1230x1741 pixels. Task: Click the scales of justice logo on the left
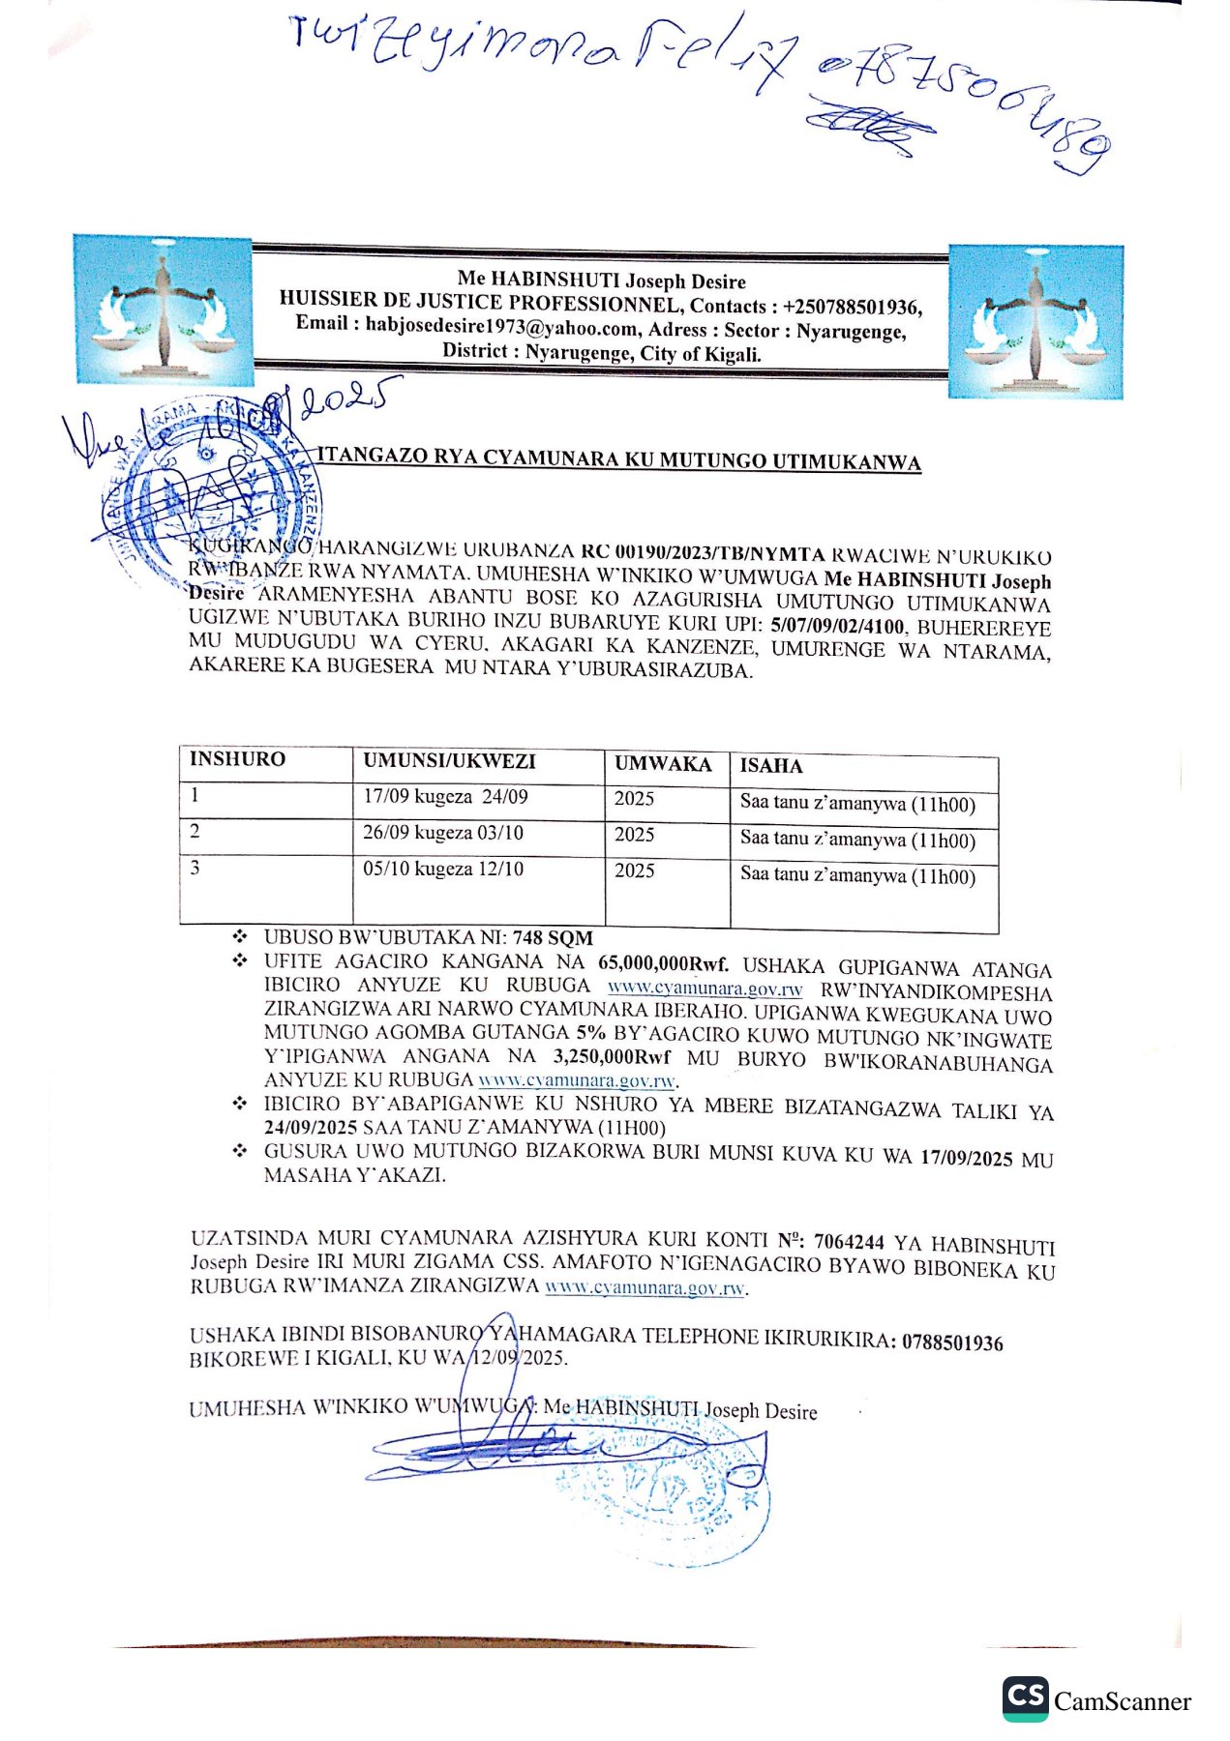coord(163,309)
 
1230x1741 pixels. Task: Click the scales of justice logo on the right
coord(1035,321)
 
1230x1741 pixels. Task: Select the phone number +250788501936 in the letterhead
coord(852,307)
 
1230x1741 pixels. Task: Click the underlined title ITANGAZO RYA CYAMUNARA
coord(619,459)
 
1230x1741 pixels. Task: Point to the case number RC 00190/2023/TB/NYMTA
coord(703,554)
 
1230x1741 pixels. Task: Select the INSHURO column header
coord(237,759)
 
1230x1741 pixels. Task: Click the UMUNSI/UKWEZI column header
coord(449,762)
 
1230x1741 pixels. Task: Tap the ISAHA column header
coord(771,766)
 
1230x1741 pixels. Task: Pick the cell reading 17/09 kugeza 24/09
coord(445,798)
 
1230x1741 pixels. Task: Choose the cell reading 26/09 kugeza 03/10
coord(443,834)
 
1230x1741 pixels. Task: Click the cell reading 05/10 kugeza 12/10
coord(443,870)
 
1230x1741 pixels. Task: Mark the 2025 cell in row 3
coord(634,871)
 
